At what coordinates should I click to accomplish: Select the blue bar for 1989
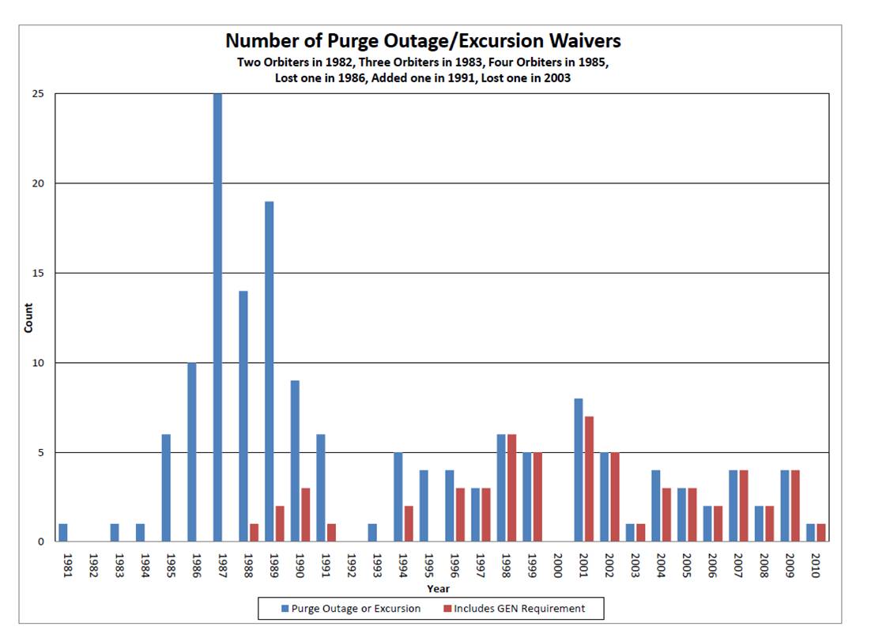coord(270,372)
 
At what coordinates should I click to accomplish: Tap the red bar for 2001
coord(589,479)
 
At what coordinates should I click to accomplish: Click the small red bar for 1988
coord(255,533)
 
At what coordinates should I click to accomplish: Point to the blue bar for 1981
coord(63,533)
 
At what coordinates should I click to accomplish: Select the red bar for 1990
coord(306,515)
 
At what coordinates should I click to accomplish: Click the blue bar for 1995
coord(424,506)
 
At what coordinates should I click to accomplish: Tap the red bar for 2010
coord(820,533)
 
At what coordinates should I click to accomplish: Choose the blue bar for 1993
coord(372,533)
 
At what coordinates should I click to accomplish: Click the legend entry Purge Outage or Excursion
coord(349,609)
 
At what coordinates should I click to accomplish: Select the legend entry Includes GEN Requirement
coord(515,609)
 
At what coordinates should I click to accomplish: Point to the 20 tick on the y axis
coord(48,183)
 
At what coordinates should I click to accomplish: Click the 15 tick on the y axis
coord(48,274)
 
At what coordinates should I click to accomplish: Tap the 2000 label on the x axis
coord(557,565)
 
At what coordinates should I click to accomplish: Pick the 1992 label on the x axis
coord(351,565)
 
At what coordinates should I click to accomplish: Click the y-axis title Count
coord(29,318)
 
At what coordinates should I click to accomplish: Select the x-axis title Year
coord(438,589)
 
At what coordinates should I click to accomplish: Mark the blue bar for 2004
coord(656,506)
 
